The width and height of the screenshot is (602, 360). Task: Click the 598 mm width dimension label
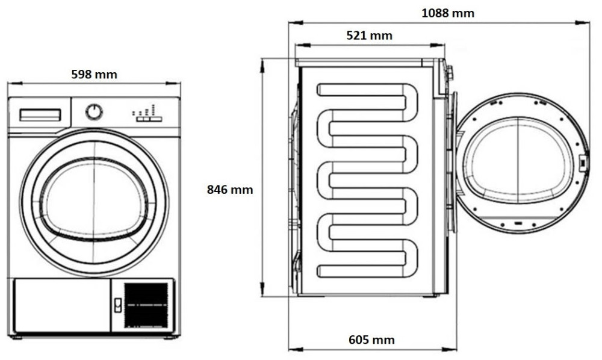click(x=94, y=75)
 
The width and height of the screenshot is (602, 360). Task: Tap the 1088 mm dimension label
click(x=447, y=13)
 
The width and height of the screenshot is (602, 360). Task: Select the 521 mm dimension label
click(x=369, y=36)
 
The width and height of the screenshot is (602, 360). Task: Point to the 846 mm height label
click(x=230, y=190)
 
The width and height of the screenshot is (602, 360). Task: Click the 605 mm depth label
click(x=371, y=340)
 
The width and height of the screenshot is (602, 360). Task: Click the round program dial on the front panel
click(x=94, y=112)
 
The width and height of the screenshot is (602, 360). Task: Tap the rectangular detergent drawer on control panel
click(x=40, y=115)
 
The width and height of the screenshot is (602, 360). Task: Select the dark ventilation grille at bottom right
click(x=146, y=305)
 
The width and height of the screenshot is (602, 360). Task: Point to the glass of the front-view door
click(x=94, y=198)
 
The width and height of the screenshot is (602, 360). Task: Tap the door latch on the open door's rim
click(x=582, y=161)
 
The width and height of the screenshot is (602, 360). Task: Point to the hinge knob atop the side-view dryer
click(x=449, y=72)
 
